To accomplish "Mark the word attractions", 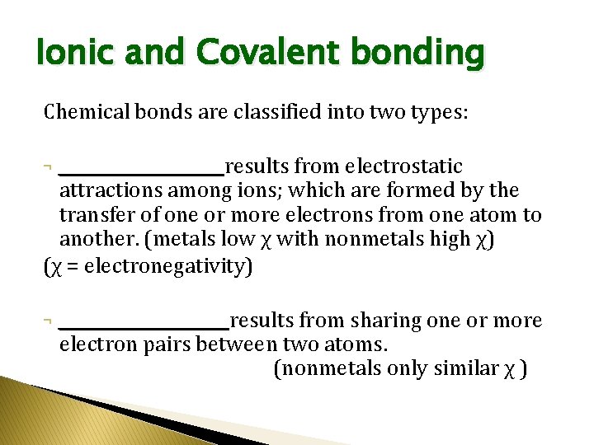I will pyautogui.click(x=111, y=191).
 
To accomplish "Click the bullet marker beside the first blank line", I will pyautogui.click(x=49, y=168).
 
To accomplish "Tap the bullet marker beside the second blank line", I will pyautogui.click(x=49, y=321).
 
